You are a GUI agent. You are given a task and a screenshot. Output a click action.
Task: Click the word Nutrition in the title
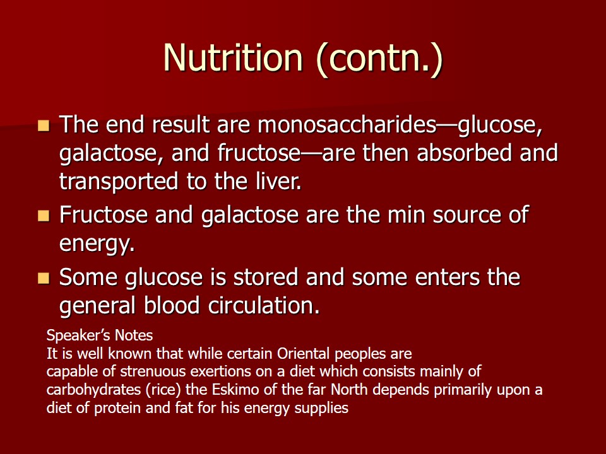[x=233, y=57]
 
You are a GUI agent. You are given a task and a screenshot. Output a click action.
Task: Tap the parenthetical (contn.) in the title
[x=379, y=59]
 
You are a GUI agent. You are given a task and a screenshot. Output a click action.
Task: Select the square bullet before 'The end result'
[x=44, y=126]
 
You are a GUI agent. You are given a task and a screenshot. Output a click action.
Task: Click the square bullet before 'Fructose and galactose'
[x=44, y=216]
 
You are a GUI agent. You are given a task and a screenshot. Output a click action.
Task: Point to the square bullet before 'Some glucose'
[x=44, y=278]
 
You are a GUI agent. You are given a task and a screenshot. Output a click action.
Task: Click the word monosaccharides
[x=347, y=124]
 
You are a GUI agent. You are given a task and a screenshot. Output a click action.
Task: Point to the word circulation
[x=264, y=305]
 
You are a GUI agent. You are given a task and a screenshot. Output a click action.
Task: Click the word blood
[x=172, y=305]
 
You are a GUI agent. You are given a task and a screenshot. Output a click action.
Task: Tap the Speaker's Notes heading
[x=100, y=335]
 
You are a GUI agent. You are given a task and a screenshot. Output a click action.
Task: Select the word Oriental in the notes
[x=304, y=353]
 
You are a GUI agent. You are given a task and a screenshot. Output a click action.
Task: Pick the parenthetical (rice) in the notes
[x=163, y=390]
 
